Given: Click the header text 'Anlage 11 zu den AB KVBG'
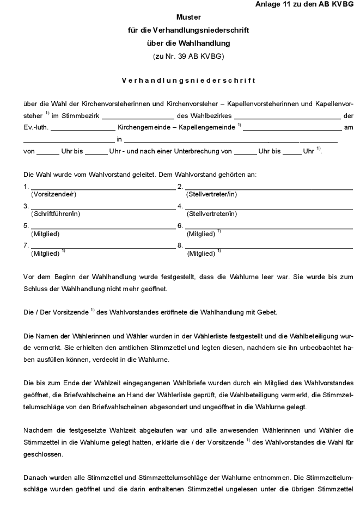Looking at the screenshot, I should (304, 4).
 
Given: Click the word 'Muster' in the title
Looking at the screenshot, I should (188, 17).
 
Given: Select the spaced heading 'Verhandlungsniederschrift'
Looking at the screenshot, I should (188, 81).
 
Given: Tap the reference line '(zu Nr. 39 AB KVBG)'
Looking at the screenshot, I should (188, 56).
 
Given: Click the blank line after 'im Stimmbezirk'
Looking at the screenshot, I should (138, 116).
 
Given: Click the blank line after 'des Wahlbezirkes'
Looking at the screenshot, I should (287, 116).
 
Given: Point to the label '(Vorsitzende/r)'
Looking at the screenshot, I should (54, 194).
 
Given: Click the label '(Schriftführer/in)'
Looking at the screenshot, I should (56, 214).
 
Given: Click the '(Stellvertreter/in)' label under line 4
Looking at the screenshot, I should (211, 214).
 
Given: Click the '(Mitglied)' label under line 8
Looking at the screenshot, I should (201, 253).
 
